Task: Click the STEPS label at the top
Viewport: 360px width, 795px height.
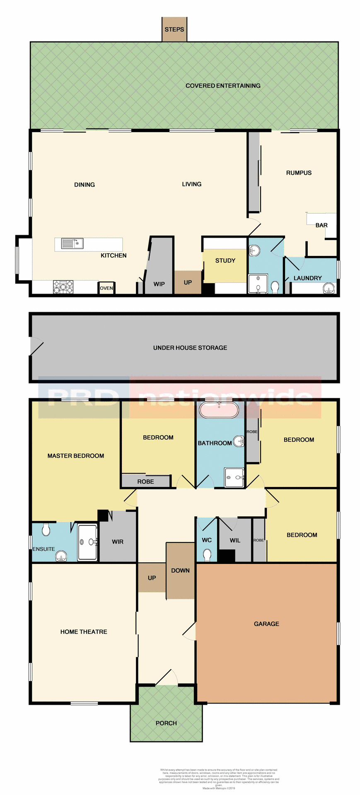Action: tap(174, 29)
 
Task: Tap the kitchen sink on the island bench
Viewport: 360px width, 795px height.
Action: tap(72, 243)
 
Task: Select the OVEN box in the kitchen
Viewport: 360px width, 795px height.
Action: tap(106, 288)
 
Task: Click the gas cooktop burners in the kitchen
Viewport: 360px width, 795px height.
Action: tap(63, 287)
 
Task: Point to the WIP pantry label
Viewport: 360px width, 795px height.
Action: tap(159, 284)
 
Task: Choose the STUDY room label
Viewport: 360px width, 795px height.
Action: tap(225, 260)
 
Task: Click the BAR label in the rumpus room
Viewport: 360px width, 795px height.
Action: tap(321, 225)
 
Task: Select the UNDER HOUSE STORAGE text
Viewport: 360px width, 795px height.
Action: tap(190, 348)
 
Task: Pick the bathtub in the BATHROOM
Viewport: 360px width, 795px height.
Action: tap(219, 410)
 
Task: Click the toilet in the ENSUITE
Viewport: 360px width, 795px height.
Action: tap(46, 529)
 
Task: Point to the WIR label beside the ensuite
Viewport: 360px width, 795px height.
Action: tap(118, 542)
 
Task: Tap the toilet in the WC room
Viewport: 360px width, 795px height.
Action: tap(207, 554)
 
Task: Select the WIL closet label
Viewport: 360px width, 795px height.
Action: tap(235, 540)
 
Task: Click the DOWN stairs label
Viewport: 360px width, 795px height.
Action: tap(180, 571)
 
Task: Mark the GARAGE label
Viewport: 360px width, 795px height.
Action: tap(266, 624)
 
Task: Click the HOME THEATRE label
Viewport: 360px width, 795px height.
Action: tap(84, 631)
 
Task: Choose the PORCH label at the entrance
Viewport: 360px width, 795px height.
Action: tap(166, 723)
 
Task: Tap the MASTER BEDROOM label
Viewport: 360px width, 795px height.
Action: tap(76, 455)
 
